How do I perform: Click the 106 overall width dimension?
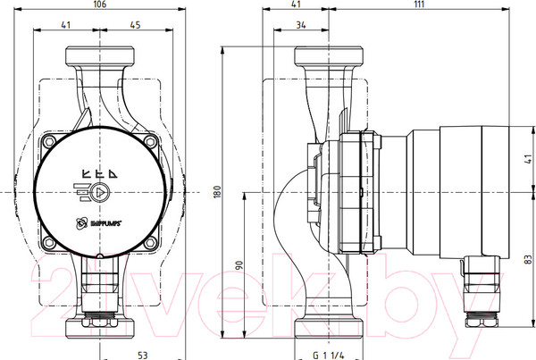99,6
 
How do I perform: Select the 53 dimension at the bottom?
142,355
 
